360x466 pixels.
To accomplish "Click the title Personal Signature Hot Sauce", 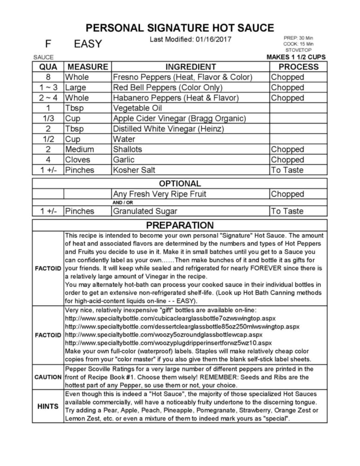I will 180,28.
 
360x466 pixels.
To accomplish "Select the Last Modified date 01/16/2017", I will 213,40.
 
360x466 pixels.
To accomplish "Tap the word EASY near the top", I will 88,44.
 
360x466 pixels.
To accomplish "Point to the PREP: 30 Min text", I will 298,38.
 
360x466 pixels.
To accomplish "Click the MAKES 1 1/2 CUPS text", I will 296,57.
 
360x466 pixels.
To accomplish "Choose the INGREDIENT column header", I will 190,67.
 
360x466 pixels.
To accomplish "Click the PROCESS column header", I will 298,67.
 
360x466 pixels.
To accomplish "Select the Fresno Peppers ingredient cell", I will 183,77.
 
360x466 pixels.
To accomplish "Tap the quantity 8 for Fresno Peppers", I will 48,77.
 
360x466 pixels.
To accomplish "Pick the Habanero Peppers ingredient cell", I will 176,98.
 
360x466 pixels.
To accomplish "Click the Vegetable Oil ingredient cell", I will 138,108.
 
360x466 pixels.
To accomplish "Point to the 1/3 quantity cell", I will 48,119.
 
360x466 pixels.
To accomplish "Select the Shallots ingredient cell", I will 128,149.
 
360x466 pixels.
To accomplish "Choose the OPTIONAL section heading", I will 180,183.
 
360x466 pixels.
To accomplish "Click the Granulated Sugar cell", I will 145,211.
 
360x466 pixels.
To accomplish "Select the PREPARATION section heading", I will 180,225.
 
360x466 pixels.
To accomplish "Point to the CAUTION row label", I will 48,377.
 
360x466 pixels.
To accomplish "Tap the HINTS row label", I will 48,406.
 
